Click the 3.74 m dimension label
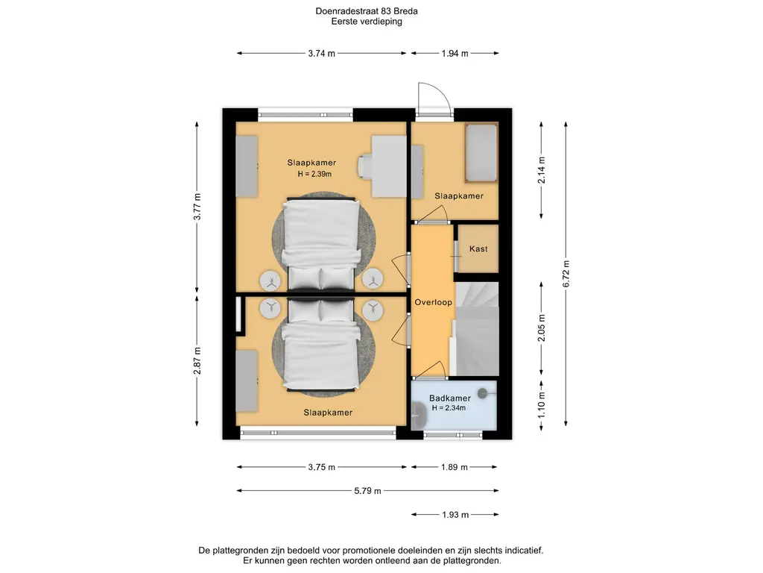click(321, 54)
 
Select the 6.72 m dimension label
click(566, 273)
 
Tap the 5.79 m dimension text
click(367, 491)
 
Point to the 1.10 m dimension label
click(542, 405)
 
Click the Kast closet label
click(478, 249)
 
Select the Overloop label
click(433, 302)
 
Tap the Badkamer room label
click(449, 398)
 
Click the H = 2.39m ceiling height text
click(315, 174)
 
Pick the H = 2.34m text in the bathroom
click(449, 408)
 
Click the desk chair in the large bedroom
click(365, 166)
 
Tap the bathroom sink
click(419, 416)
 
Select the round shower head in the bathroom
click(483, 392)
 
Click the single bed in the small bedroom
click(481, 152)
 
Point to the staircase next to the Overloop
click(476, 328)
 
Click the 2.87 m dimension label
click(197, 360)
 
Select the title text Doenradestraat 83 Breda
click(367, 10)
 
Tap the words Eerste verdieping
click(367, 22)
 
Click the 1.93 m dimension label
click(455, 515)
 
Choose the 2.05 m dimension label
click(542, 328)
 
